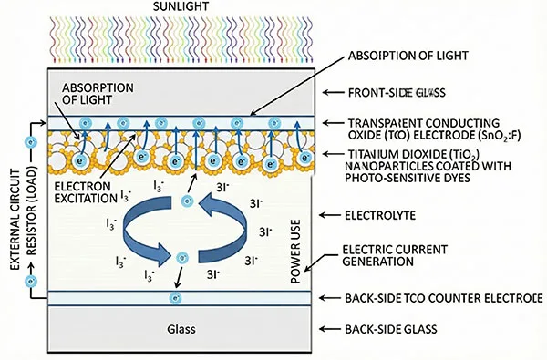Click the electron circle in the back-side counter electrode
(x=174, y=299)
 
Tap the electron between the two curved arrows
(x=183, y=259)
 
